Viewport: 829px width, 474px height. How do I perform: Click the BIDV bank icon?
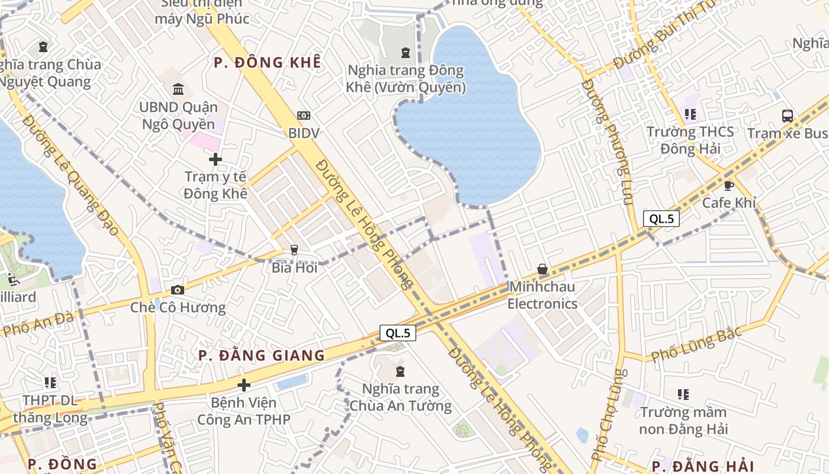click(x=303, y=115)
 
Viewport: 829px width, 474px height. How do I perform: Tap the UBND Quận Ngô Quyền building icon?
click(x=178, y=89)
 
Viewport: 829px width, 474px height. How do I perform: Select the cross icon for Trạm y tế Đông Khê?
click(x=216, y=159)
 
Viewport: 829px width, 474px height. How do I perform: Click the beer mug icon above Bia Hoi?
click(x=294, y=250)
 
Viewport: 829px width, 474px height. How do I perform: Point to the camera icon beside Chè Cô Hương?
click(x=177, y=290)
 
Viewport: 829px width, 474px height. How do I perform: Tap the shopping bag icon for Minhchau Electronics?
click(x=542, y=270)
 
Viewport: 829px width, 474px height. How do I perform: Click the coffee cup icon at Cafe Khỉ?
click(x=729, y=185)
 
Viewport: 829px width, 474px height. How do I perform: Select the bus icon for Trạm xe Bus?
click(x=787, y=116)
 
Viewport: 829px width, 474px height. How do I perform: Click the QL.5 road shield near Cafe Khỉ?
click(x=661, y=219)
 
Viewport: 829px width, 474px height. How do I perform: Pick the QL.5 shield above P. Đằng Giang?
click(x=398, y=333)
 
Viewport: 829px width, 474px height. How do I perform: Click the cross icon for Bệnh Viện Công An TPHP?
click(x=243, y=386)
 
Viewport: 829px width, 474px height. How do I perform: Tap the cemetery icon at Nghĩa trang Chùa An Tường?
click(x=400, y=371)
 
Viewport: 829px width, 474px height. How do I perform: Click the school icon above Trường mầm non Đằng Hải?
click(x=683, y=394)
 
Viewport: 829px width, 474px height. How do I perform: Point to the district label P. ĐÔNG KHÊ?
click(x=267, y=62)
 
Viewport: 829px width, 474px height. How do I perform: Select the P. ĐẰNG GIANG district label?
click(x=262, y=355)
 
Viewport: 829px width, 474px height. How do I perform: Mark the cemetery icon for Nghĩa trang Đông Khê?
click(x=405, y=53)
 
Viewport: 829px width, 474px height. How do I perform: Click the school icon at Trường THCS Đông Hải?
click(x=689, y=114)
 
